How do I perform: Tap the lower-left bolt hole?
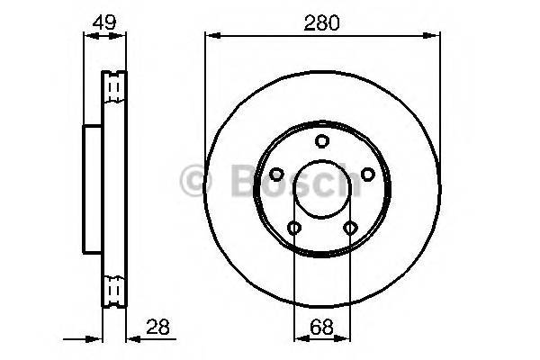(293, 229)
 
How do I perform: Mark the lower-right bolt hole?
(351, 229)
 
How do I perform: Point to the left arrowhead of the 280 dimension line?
(210, 36)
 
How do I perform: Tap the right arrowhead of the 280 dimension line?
(436, 36)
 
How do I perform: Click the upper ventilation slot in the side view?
(113, 85)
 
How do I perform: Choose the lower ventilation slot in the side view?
(113, 291)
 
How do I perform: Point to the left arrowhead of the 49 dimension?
(87, 36)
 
